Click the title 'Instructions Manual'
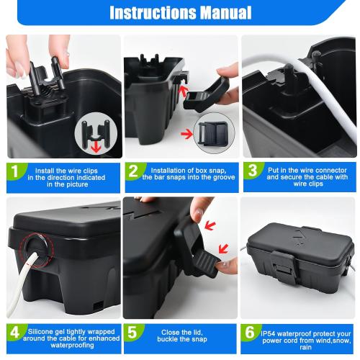tap(180, 12)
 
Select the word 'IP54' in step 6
tap(271, 330)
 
